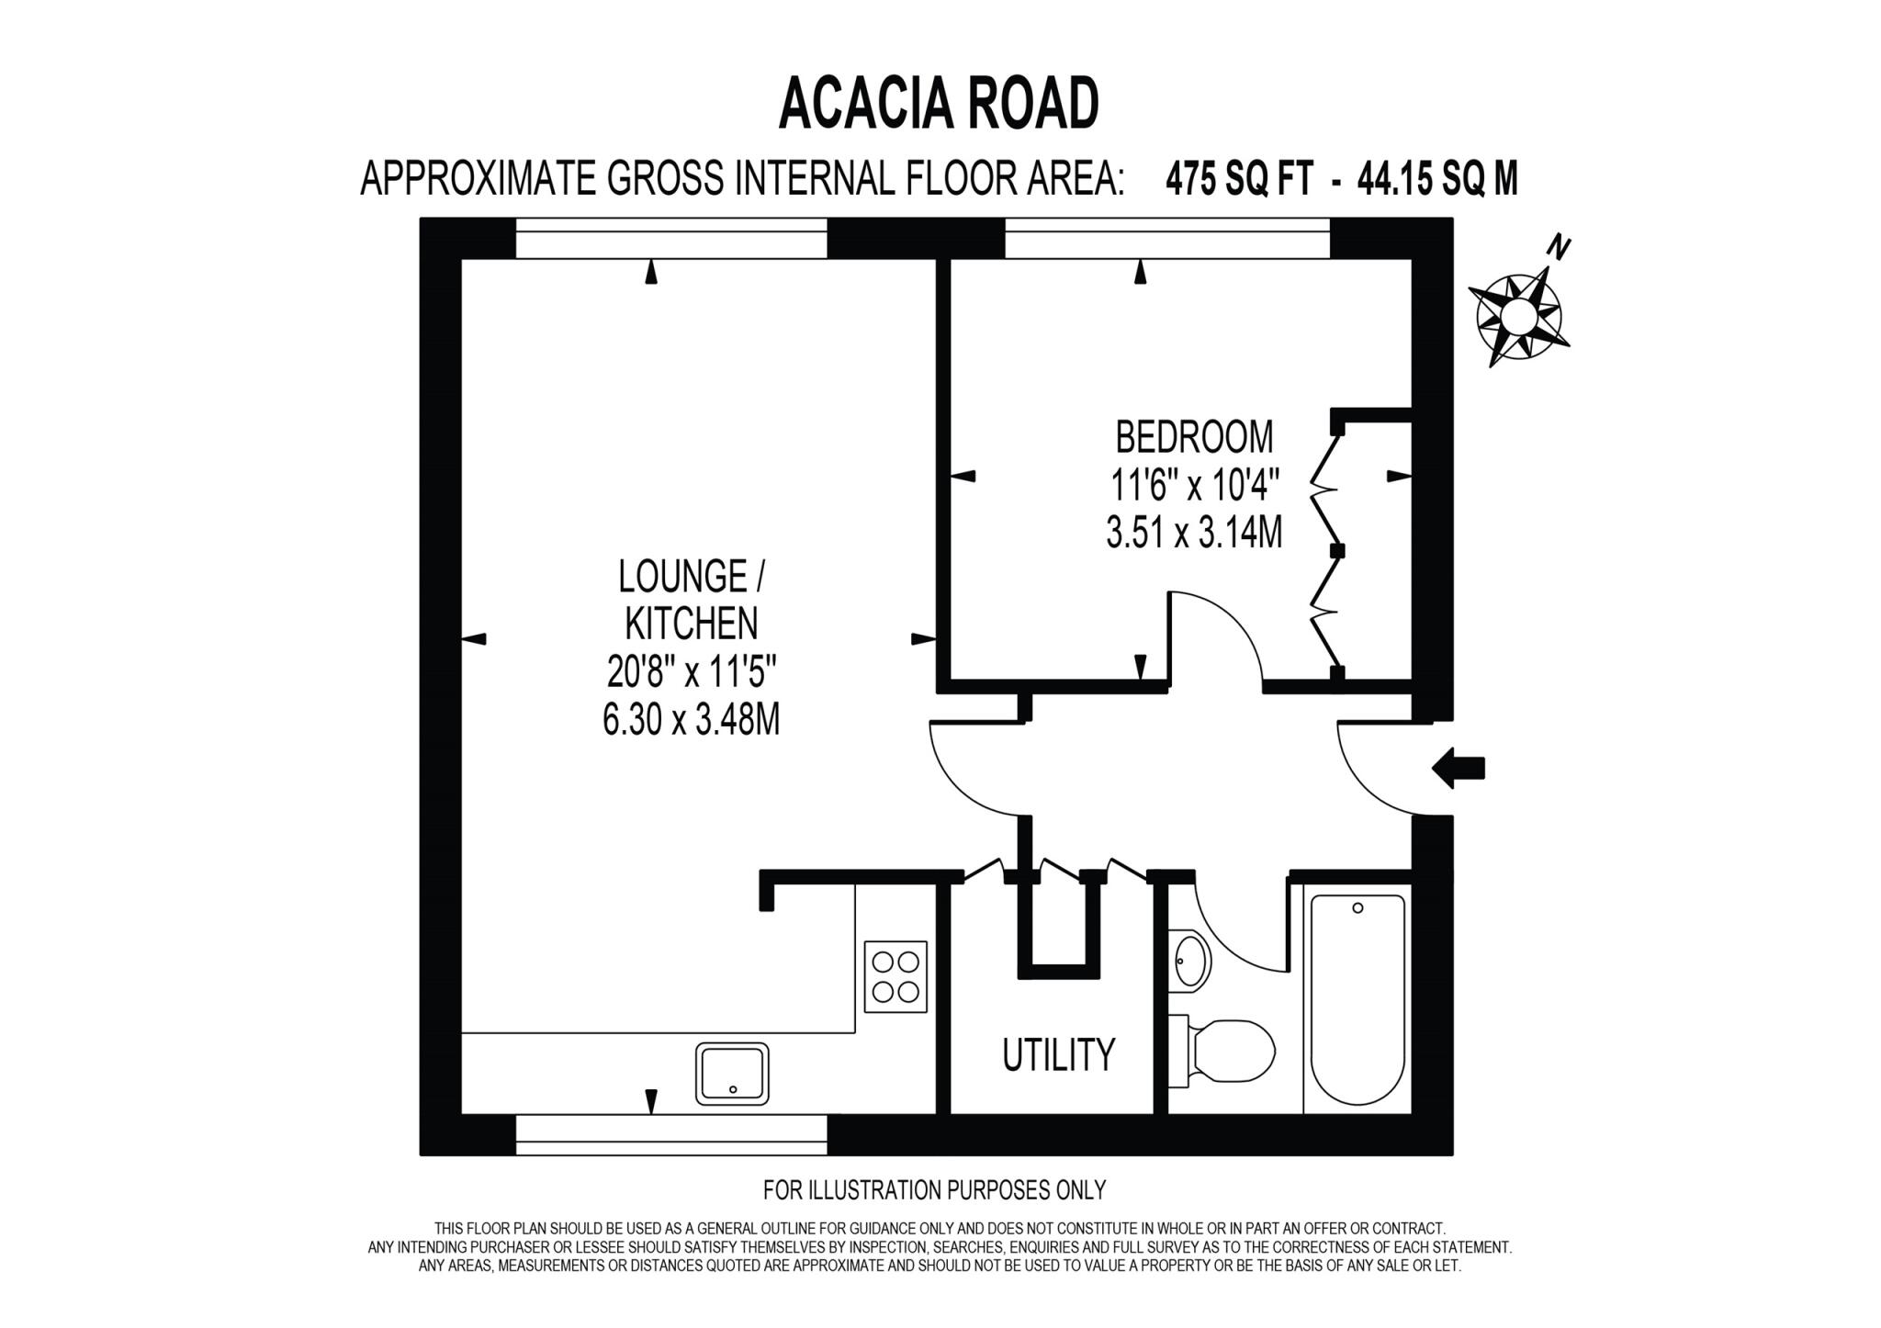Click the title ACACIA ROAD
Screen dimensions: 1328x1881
(938, 105)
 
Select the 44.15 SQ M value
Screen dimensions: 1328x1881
(1437, 179)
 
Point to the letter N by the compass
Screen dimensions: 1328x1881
(1559, 247)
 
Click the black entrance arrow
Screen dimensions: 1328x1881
(1459, 768)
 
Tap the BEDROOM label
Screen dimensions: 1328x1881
(1194, 437)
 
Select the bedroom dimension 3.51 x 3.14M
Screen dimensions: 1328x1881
(1194, 533)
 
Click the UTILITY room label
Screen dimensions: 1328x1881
(1058, 1055)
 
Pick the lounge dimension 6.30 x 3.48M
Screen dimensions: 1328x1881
(691, 721)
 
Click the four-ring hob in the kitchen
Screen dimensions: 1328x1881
(895, 976)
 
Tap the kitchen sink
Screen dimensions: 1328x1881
(732, 1074)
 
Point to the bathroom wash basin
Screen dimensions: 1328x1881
(1192, 960)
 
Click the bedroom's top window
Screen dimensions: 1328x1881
(1166, 238)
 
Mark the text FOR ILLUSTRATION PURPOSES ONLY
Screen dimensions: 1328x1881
(934, 1190)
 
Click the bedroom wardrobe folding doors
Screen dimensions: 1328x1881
(1327, 551)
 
